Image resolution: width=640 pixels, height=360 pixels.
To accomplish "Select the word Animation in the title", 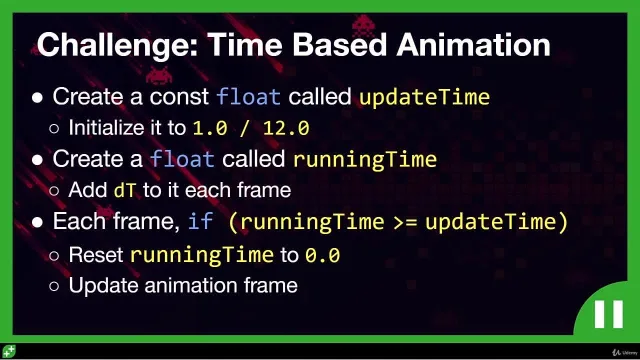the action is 473,44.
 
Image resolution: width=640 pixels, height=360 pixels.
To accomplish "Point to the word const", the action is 179,97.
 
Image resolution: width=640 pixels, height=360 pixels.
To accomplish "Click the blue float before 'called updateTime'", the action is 248,97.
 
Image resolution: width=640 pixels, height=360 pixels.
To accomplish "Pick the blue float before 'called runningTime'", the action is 182,159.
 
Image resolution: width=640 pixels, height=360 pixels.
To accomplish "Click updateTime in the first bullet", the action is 424,98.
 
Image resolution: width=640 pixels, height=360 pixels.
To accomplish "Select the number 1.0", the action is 210,128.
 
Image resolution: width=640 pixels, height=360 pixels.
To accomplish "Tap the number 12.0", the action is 286,128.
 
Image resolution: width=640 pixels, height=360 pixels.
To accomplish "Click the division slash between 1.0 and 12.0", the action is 245,128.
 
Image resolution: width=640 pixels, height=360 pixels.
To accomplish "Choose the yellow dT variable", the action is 124,190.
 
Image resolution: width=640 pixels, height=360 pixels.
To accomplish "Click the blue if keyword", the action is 200,221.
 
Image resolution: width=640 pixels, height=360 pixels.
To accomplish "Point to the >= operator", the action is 405,222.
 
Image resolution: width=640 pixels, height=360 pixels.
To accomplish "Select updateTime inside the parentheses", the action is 490,222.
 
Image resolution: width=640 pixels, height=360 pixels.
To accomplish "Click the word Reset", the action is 96,255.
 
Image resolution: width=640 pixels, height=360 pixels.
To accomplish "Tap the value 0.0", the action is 322,256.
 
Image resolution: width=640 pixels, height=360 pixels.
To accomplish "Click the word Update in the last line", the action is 104,286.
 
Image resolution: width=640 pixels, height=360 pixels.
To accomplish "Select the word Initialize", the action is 107,128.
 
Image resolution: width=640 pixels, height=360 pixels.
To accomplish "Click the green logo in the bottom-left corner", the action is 9,351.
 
